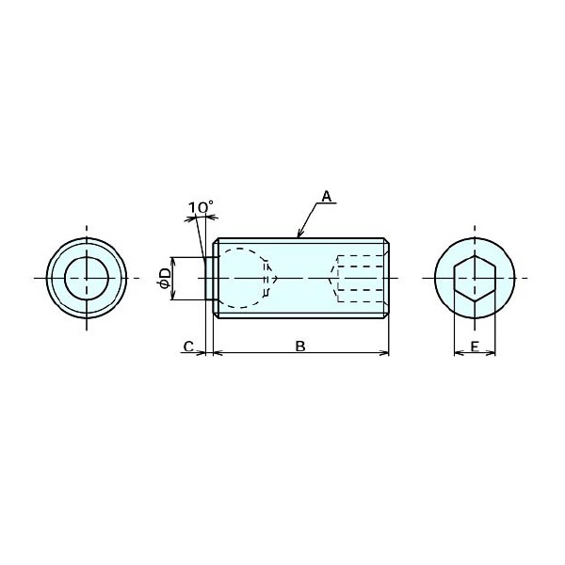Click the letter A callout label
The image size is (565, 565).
point(326,197)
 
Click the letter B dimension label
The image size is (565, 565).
point(300,347)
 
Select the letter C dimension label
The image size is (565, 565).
point(188,347)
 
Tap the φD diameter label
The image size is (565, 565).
point(164,278)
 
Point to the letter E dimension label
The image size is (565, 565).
point(475,347)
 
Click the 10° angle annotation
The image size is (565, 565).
point(201,207)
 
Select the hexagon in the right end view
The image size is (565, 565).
point(475,278)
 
